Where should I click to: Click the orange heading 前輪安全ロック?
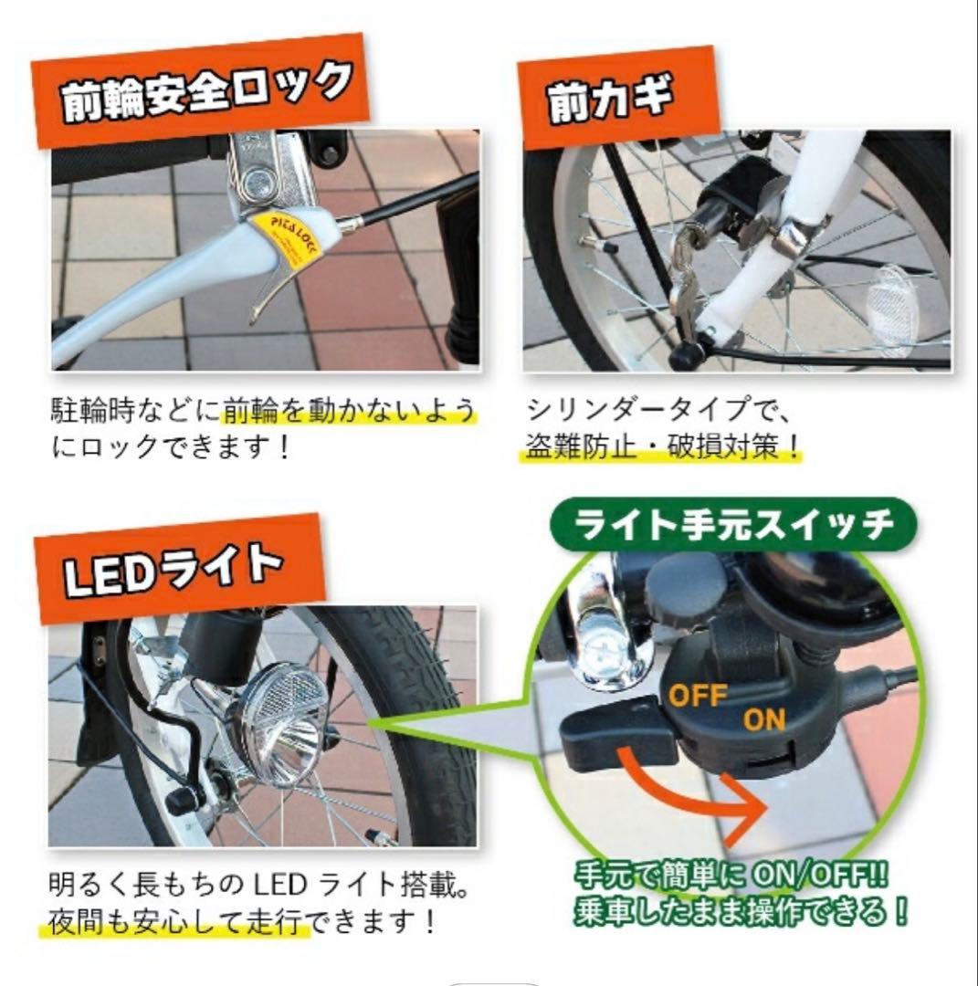(204, 91)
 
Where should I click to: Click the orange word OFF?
(698, 697)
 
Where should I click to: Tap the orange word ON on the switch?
(763, 719)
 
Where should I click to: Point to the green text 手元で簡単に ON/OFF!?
(731, 877)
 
